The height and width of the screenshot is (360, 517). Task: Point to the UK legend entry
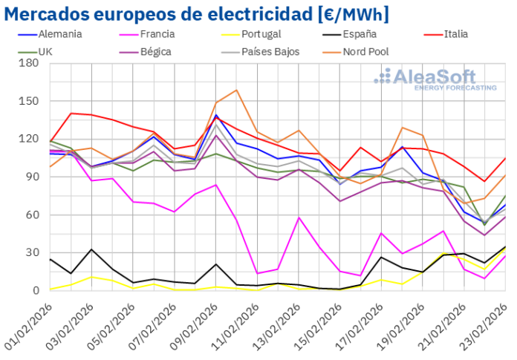(45, 52)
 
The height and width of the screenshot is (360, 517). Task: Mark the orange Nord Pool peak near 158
(236, 91)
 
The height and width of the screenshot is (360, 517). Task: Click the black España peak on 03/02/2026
(91, 249)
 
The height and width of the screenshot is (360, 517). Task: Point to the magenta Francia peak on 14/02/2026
(299, 217)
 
